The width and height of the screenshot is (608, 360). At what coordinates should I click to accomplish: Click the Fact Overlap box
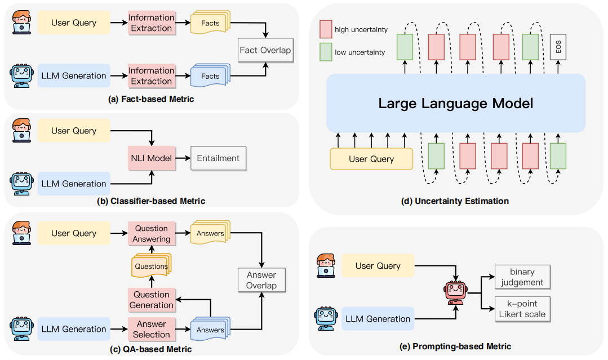click(265, 50)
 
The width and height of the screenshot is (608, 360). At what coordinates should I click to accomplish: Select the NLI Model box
click(152, 158)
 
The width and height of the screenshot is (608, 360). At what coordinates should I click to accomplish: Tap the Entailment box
click(218, 158)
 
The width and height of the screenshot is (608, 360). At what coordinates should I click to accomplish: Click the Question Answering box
click(152, 233)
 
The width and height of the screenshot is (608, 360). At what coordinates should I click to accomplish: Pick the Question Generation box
click(152, 300)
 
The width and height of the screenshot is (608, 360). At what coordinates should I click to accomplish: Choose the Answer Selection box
click(152, 329)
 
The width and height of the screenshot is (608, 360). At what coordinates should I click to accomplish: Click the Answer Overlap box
click(261, 280)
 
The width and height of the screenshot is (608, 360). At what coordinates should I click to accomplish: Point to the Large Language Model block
click(456, 103)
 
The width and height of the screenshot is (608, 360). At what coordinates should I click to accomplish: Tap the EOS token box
click(558, 47)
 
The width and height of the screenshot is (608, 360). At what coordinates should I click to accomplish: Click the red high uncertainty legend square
click(326, 29)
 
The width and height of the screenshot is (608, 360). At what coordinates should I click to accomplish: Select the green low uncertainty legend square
click(326, 52)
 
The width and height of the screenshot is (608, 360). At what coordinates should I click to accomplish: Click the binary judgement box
click(522, 277)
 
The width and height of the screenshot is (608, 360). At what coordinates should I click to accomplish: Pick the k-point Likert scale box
click(522, 309)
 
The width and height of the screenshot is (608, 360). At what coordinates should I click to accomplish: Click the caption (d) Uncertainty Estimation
click(456, 201)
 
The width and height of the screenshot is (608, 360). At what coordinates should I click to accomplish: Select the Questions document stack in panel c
click(151, 266)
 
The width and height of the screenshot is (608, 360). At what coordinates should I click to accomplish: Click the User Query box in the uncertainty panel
click(371, 159)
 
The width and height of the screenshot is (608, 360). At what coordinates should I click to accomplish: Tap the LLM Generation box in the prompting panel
click(378, 319)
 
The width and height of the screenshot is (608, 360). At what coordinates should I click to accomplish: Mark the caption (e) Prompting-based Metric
click(456, 346)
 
